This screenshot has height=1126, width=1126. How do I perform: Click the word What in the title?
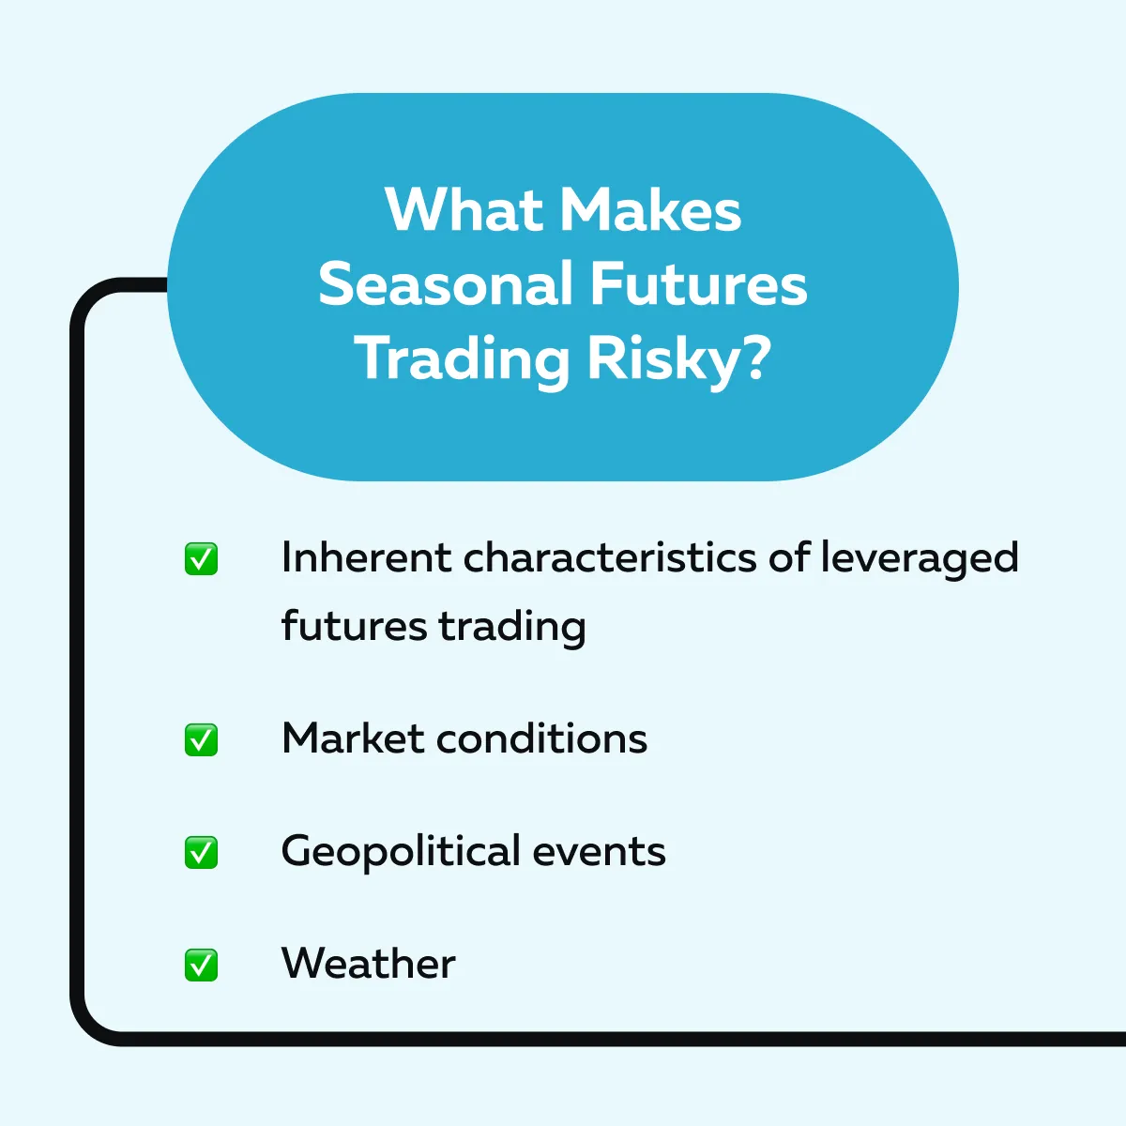(x=464, y=210)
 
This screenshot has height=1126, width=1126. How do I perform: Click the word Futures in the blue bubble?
(x=699, y=284)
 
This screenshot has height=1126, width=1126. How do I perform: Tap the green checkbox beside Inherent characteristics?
(x=201, y=558)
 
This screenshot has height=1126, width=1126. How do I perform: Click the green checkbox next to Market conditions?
(x=201, y=739)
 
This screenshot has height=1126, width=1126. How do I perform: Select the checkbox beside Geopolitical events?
(x=201, y=853)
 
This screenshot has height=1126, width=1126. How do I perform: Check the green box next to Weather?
(x=201, y=965)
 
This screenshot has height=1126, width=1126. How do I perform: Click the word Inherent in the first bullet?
(x=366, y=556)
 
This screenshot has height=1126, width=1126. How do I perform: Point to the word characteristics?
(x=610, y=556)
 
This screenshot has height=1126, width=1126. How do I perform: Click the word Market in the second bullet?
(x=353, y=738)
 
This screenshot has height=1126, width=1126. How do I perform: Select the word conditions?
(x=542, y=738)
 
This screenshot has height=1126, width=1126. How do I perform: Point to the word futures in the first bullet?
(x=354, y=626)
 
